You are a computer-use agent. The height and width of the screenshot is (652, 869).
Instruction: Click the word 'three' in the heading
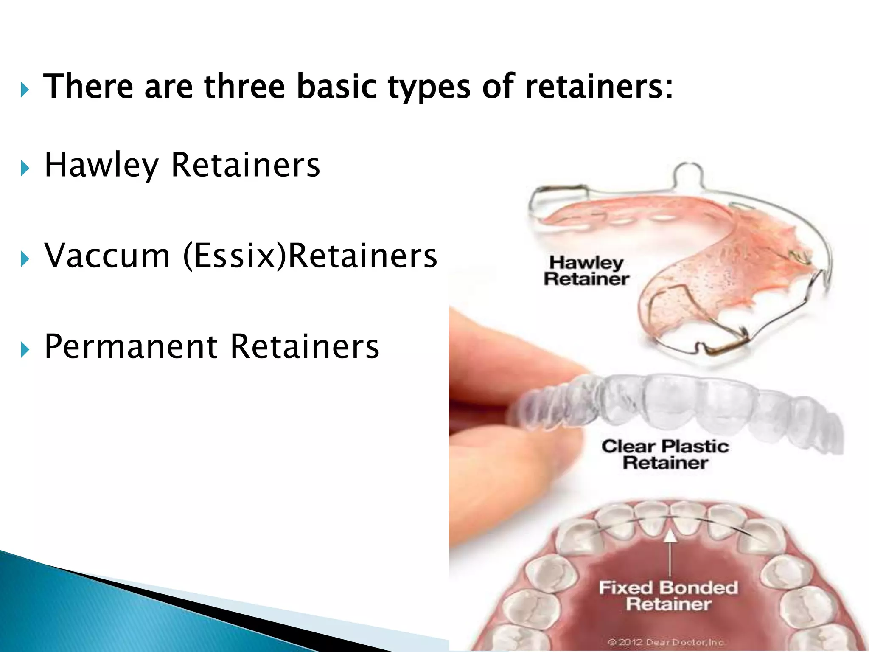pyautogui.click(x=244, y=87)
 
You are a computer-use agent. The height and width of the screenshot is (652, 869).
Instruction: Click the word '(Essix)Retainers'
pyautogui.click(x=310, y=256)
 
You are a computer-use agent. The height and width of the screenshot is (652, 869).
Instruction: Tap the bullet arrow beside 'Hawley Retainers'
pyautogui.click(x=25, y=168)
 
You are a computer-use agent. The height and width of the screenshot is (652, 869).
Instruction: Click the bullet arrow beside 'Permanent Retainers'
pyautogui.click(x=25, y=350)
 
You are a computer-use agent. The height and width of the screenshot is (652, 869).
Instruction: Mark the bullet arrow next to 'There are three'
pyautogui.click(x=25, y=90)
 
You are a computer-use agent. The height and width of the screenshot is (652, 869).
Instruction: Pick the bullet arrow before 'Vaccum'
pyautogui.click(x=25, y=259)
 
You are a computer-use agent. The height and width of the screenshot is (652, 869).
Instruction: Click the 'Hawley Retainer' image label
pyautogui.click(x=586, y=271)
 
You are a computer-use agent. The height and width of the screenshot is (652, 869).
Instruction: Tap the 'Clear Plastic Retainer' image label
pyautogui.click(x=665, y=454)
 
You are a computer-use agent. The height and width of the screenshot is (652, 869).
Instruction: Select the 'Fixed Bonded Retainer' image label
pyautogui.click(x=668, y=596)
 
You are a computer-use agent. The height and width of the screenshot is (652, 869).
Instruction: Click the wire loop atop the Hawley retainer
pyautogui.click(x=688, y=174)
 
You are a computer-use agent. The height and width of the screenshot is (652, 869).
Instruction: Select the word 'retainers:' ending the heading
pyautogui.click(x=599, y=87)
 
